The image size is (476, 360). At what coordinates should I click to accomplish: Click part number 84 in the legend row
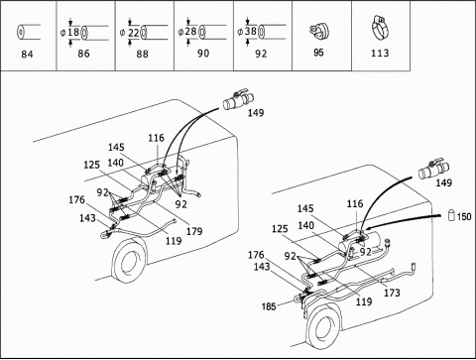[27, 54]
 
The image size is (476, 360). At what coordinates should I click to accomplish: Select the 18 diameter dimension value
[73, 32]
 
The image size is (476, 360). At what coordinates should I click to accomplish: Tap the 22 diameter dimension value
[133, 33]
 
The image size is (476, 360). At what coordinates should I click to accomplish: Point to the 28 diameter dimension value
[191, 32]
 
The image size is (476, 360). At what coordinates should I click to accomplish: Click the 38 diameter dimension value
[251, 32]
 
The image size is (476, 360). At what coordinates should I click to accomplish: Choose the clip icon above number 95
[318, 31]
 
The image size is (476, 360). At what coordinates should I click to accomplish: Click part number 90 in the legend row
[203, 54]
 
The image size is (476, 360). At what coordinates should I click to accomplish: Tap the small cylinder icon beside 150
[451, 215]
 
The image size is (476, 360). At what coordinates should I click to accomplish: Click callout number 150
[464, 216]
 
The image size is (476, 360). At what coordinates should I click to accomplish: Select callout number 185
[269, 306]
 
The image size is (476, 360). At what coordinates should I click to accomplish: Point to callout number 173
[392, 293]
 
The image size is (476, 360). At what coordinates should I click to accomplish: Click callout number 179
[194, 231]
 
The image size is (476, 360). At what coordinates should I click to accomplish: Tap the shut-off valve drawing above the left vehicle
[238, 100]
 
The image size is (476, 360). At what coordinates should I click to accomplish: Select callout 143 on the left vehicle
[87, 218]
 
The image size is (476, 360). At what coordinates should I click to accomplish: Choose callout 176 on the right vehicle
[256, 255]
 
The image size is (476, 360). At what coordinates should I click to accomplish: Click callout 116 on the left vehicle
[156, 138]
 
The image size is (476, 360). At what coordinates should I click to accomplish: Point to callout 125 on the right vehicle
[280, 229]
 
